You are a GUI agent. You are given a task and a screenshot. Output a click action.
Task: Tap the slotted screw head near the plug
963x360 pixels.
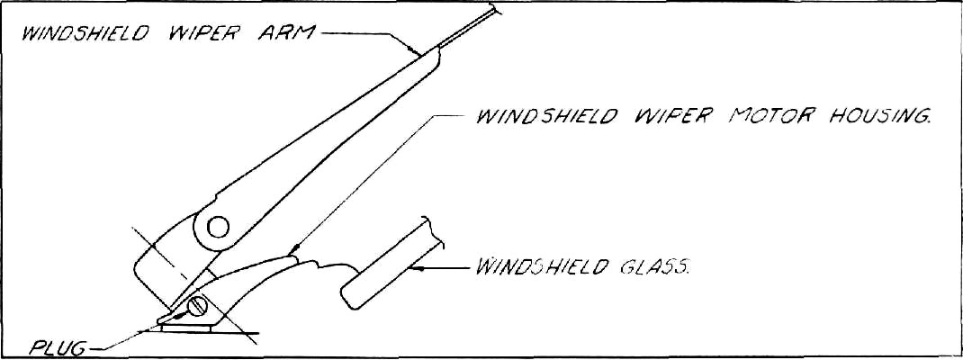coord(198,307)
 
